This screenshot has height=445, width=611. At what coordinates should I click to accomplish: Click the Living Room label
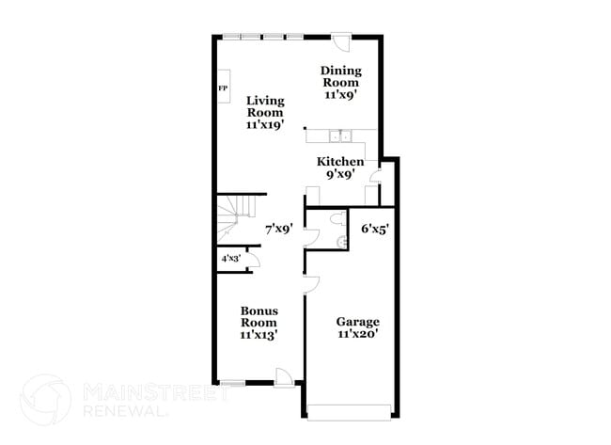[x=265, y=111]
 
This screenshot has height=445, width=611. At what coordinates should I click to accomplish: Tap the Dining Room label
[x=340, y=82]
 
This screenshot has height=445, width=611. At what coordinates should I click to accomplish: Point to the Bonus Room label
[x=258, y=323]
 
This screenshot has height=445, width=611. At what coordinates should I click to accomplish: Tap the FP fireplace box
[x=224, y=89]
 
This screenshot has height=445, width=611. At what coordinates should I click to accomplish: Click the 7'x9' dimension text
[x=279, y=228]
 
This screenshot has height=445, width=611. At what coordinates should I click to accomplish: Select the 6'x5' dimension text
[x=376, y=228]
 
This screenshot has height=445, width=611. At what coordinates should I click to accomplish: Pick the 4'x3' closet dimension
[x=230, y=258]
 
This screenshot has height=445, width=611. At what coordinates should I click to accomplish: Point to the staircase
[x=238, y=219]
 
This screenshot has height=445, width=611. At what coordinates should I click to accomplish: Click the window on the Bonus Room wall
[x=232, y=383]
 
